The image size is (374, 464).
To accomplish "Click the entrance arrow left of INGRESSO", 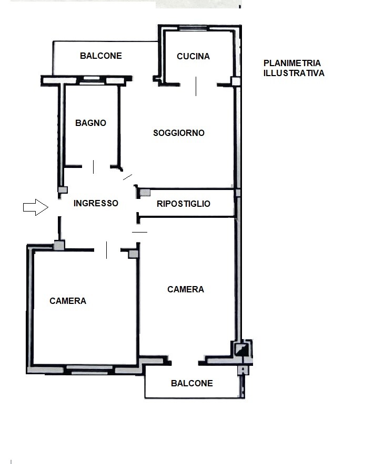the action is (x=36, y=207).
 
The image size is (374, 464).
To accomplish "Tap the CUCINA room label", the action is (x=194, y=56).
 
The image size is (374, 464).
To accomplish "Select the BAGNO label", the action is (x=91, y=123).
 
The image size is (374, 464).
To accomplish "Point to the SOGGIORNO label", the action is (x=179, y=133).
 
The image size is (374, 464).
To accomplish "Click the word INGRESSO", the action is (x=96, y=203).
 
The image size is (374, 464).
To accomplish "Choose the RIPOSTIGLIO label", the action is (x=184, y=204).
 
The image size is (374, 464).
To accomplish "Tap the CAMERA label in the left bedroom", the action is (x=68, y=301).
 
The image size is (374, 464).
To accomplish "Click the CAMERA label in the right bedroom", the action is (x=186, y=289).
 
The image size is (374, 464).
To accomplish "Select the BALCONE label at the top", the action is (x=101, y=56).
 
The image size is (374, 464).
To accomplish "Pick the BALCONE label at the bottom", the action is (x=192, y=383).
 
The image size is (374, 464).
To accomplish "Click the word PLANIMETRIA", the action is (x=292, y=63).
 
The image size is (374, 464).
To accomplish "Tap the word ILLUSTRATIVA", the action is (x=294, y=73).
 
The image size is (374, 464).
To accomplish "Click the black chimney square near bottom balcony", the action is (x=242, y=349).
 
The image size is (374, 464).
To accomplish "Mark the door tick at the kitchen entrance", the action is (x=196, y=86).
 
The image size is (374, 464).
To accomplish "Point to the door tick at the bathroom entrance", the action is (x=94, y=167).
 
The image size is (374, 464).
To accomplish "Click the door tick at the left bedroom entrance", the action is (x=106, y=250).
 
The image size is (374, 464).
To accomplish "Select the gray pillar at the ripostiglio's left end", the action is (x=145, y=193).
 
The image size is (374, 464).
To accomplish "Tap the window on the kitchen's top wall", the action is (x=193, y=28).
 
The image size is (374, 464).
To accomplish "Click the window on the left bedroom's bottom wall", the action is (x=89, y=370).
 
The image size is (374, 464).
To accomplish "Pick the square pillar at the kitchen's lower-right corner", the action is (x=236, y=81).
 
